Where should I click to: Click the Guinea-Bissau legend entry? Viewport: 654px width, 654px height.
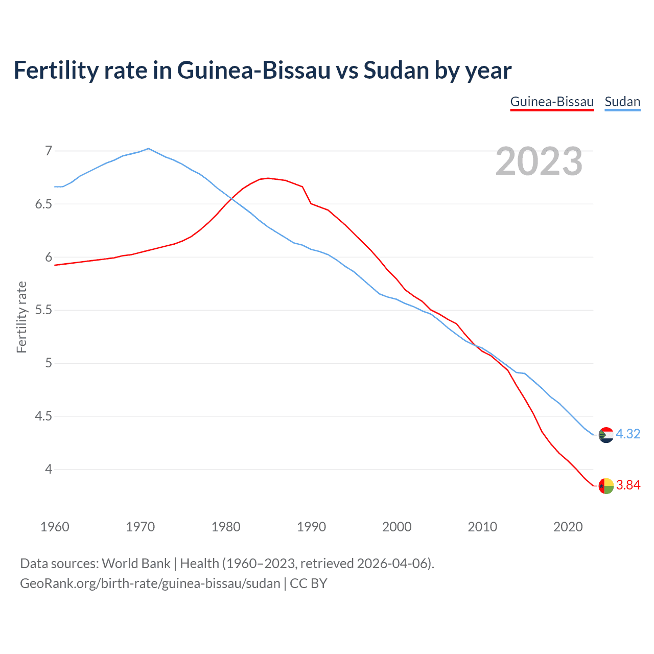[x=552, y=102]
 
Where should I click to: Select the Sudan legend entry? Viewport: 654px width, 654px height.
[x=622, y=102]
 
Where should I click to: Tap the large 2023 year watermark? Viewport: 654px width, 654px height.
[x=539, y=161]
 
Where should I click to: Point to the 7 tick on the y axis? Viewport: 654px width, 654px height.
[x=49, y=151]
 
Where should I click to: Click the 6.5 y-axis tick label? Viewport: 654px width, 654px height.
[x=43, y=204]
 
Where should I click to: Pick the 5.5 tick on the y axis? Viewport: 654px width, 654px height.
[x=43, y=310]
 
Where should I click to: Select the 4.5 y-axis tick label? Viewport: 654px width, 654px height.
[x=43, y=416]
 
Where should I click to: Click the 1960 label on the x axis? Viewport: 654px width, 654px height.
[x=55, y=527]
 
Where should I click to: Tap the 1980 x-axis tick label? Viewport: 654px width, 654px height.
[x=226, y=527]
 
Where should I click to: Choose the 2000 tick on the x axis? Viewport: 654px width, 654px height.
[x=397, y=527]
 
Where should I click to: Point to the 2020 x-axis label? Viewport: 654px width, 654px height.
[x=568, y=527]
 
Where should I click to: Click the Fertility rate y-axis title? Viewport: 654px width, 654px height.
[x=21, y=317]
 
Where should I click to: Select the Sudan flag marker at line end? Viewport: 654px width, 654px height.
[x=606, y=435]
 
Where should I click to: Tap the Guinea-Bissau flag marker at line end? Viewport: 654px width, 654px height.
[x=606, y=486]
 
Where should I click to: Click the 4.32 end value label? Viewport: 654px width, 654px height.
[x=628, y=434]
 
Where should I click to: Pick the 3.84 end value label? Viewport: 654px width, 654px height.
[x=628, y=485]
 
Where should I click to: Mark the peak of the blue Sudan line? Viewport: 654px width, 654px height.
[x=148, y=149]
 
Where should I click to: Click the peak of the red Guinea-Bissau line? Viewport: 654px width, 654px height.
[x=268, y=178]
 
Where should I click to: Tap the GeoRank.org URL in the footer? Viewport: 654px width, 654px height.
[x=150, y=583]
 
